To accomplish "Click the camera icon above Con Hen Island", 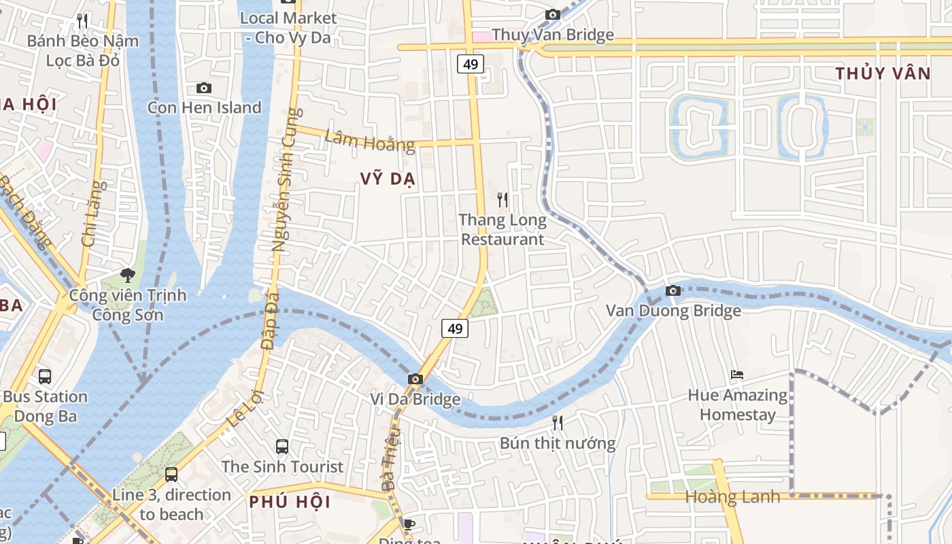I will point(203,88).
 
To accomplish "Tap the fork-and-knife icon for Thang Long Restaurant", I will point(503,200).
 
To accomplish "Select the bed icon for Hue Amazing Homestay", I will point(737,375).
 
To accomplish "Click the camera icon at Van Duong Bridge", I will point(673,291).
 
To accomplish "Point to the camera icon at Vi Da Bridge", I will point(415,379).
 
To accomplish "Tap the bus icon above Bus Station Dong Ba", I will point(45,377).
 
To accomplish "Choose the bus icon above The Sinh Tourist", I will point(282,447).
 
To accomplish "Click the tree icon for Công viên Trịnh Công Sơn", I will point(127,275).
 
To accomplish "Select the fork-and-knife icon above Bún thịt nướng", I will point(558,423).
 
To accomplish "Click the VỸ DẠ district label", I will point(388,179).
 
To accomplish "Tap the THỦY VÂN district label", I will point(883,74).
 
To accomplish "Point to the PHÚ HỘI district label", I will point(290,503).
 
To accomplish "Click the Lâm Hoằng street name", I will point(369,141).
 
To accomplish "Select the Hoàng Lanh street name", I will point(732,497).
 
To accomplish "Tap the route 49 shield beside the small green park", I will point(455,329).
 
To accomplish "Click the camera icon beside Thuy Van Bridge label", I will point(553,15).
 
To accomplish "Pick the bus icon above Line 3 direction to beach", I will point(171,475).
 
